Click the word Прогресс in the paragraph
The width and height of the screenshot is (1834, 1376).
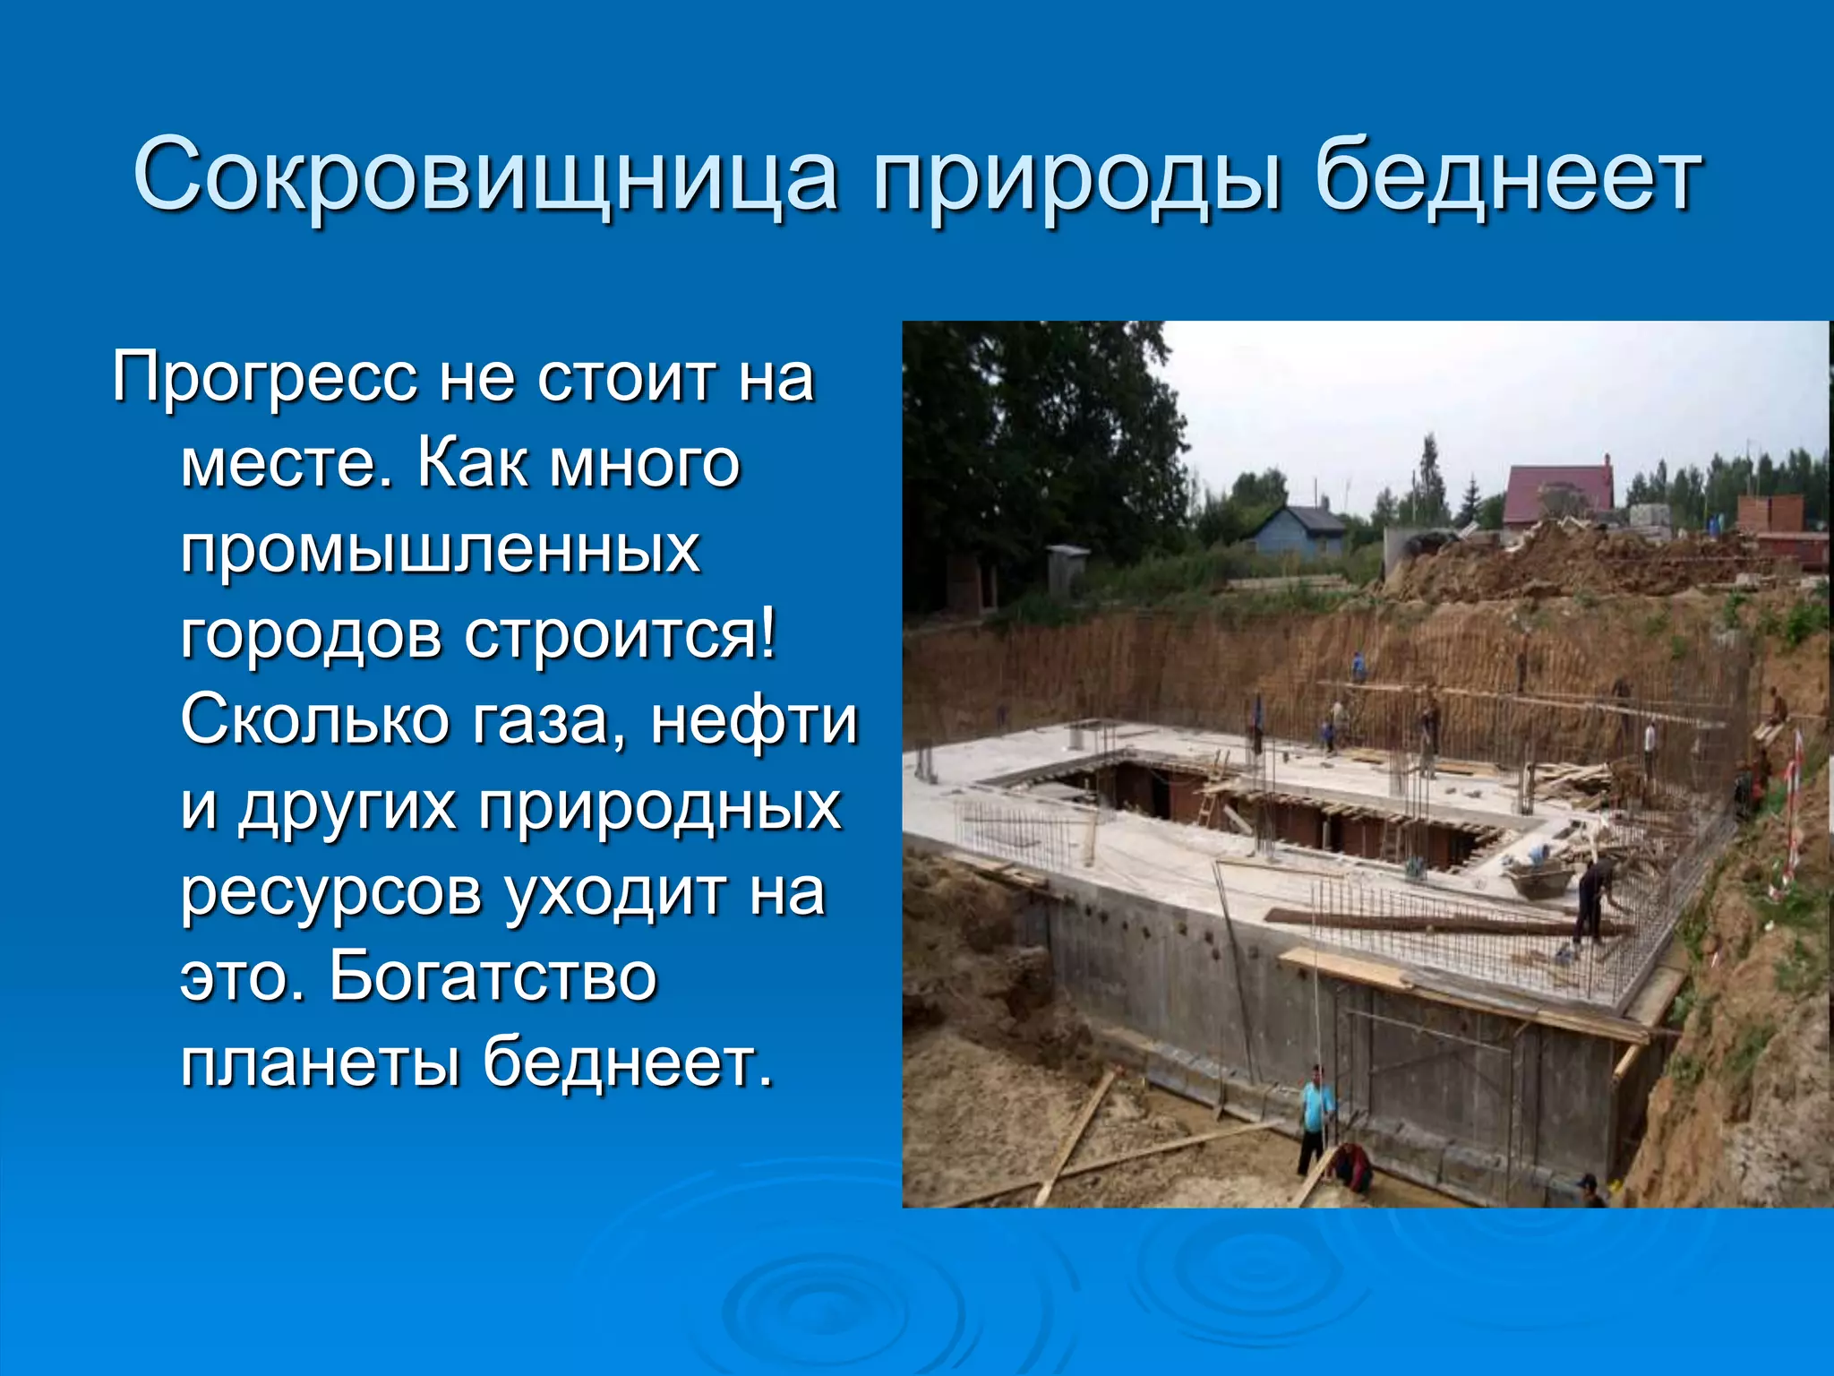(265, 379)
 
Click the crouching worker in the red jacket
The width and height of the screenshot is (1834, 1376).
(1352, 1169)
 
